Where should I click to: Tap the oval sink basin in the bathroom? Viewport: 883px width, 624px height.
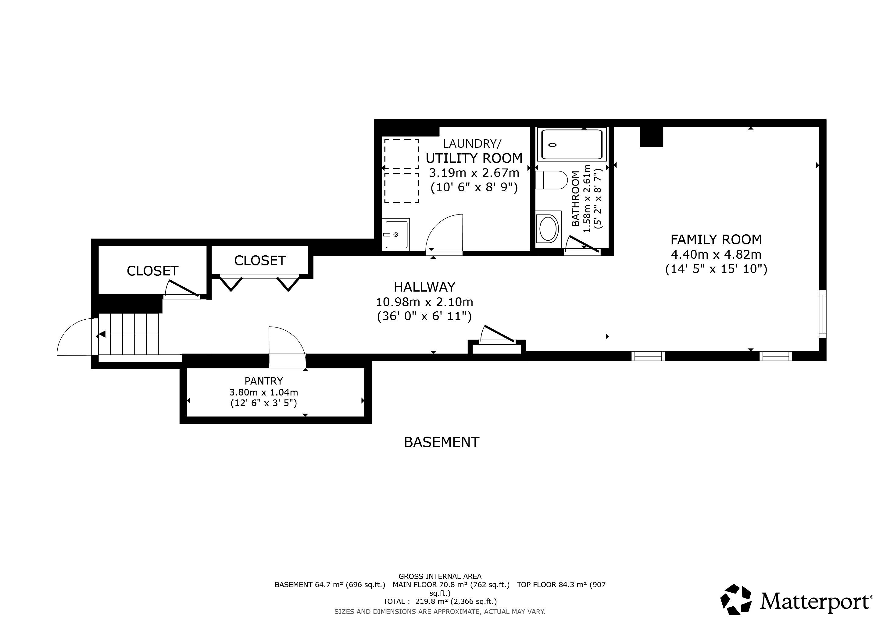[x=549, y=228]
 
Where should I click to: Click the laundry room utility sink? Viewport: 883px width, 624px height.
[x=396, y=234]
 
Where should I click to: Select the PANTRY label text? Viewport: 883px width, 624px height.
[x=264, y=381]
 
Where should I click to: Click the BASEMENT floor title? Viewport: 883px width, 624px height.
[x=441, y=442]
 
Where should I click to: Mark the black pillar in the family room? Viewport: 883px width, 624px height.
[x=652, y=136]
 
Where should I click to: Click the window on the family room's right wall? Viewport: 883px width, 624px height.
[x=823, y=314]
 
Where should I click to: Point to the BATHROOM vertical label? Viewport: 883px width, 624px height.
[x=575, y=199]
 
